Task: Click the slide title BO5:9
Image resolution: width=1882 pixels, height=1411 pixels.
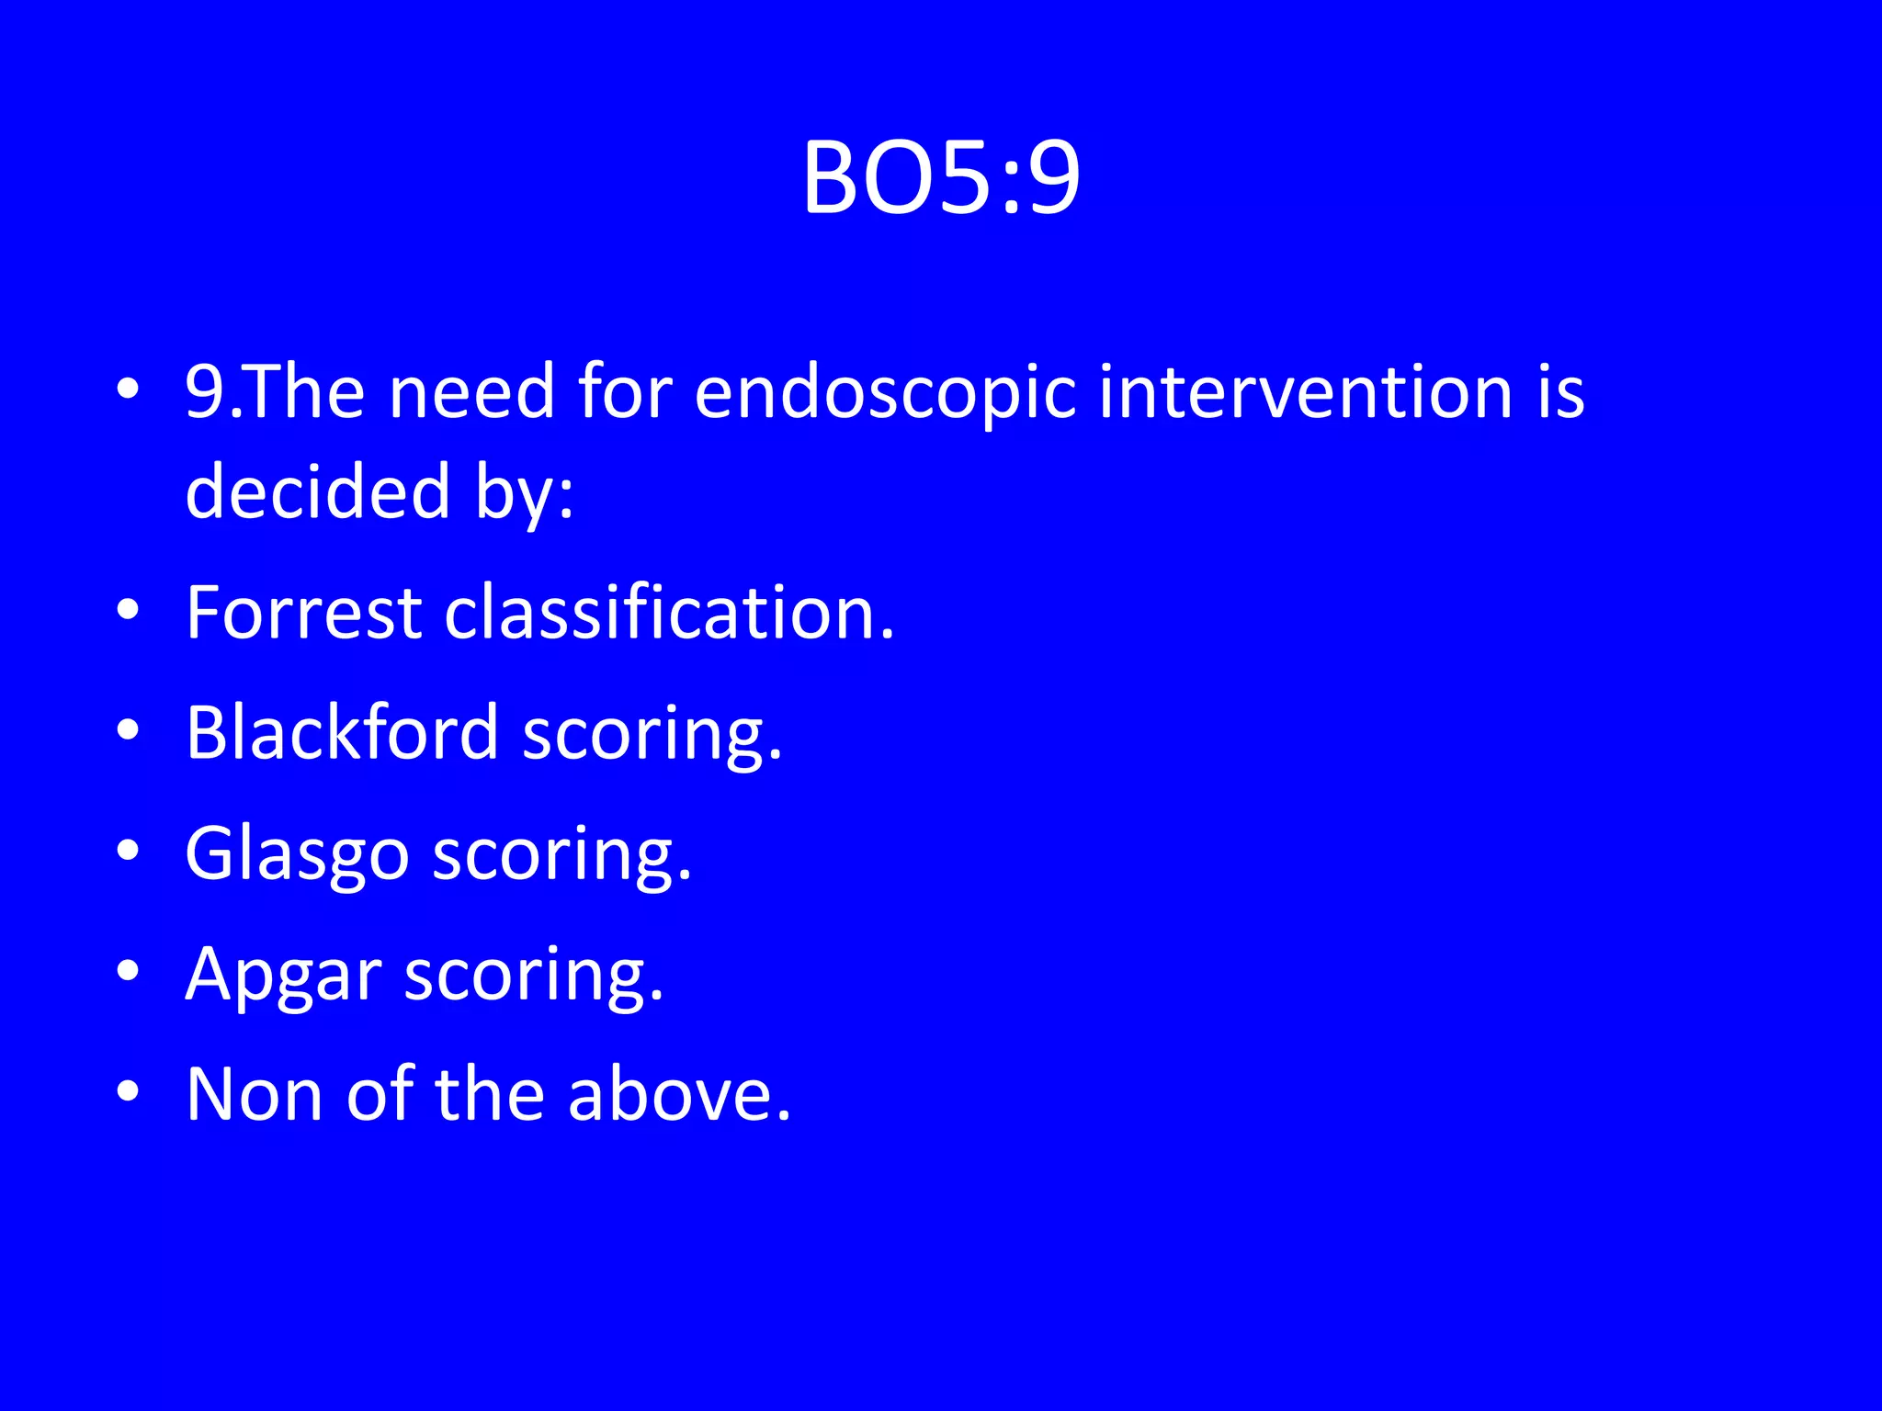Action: click(941, 178)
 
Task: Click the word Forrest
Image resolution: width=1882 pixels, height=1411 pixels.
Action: click(303, 613)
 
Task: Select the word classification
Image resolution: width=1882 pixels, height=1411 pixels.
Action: click(669, 613)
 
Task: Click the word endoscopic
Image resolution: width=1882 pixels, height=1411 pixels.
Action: click(884, 393)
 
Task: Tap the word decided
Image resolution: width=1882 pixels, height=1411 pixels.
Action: click(318, 491)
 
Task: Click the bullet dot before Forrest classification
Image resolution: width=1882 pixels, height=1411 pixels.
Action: click(129, 610)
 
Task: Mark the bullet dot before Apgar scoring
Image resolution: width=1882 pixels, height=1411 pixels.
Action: click(129, 971)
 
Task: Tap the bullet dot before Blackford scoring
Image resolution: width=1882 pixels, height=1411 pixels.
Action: click(129, 730)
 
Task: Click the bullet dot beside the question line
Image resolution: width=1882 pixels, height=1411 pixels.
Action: click(129, 389)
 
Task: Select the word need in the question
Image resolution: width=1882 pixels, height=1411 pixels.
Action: click(471, 392)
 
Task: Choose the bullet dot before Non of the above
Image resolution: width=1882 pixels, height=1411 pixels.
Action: click(129, 1091)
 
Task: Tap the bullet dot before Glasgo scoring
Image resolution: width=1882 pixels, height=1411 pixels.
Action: click(129, 851)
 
